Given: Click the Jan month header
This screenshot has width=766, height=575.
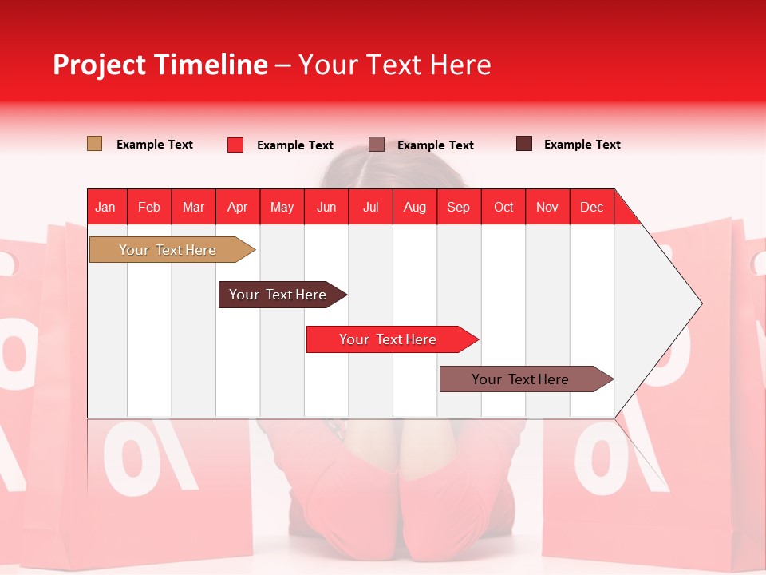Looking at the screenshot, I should coord(106,207).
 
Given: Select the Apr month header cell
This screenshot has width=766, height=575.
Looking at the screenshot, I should coord(238,207).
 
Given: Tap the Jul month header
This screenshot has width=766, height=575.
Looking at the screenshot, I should coord(370,207).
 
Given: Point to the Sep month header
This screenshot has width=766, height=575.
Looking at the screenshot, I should coord(459,207).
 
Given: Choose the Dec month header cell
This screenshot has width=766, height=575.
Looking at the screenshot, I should coord(591,207).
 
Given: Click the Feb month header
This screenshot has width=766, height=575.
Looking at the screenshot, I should coord(149,207).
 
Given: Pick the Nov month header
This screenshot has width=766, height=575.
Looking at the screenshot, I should coord(547,207).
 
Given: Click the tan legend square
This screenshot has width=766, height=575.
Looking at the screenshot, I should coord(94,144).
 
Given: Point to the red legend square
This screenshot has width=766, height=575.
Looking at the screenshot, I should coord(235,145).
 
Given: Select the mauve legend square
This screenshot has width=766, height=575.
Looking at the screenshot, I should coord(377,144).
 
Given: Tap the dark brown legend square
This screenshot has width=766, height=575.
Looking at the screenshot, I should coord(524,144).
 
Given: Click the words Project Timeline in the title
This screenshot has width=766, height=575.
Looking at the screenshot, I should coord(160,65).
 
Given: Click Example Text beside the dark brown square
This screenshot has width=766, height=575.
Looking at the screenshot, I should coord(582,145).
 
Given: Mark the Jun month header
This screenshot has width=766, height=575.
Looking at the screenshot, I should coord(326,207).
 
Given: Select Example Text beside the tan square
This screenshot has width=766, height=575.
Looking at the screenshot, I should coord(154,145).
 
